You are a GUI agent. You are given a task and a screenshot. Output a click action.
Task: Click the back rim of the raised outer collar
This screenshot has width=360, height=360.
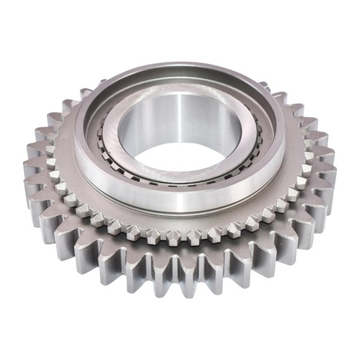(x=180, y=69)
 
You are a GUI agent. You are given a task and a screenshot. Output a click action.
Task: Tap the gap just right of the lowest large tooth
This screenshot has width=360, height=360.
(x=199, y=271)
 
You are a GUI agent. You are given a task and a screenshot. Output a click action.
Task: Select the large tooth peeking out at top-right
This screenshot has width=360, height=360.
(x=278, y=95)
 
